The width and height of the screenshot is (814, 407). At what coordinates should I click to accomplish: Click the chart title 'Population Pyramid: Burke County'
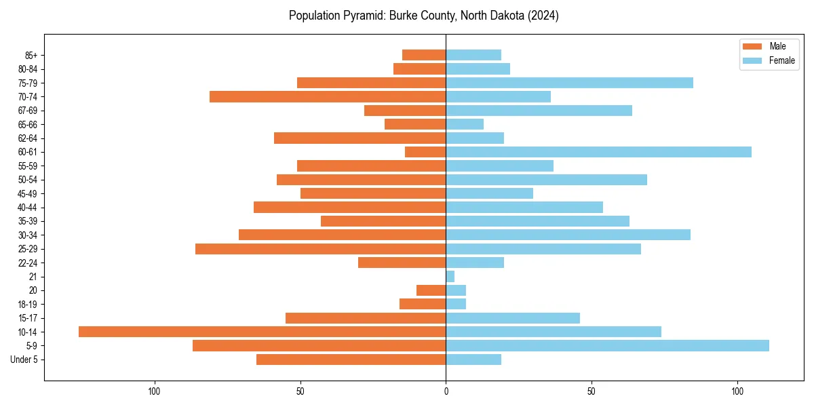pyautogui.click(x=423, y=16)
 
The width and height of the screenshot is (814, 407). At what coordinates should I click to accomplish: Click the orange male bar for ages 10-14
pyautogui.click(x=262, y=332)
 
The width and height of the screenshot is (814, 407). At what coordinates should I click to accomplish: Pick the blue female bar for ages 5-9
pyautogui.click(x=607, y=345)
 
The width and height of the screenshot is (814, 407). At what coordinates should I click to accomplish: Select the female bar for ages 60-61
pyautogui.click(x=598, y=152)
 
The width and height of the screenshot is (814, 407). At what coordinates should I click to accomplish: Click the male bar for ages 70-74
pyautogui.click(x=328, y=96)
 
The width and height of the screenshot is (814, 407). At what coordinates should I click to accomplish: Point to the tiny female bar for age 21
pyautogui.click(x=450, y=276)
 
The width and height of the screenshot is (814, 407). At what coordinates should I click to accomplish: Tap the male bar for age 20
pyautogui.click(x=431, y=290)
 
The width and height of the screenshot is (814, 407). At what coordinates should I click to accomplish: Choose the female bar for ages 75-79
pyautogui.click(x=569, y=83)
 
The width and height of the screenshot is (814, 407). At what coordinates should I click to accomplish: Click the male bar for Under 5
pyautogui.click(x=351, y=360)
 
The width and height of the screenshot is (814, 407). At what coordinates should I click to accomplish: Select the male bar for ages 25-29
pyautogui.click(x=320, y=249)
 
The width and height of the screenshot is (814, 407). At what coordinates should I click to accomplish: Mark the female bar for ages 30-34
pyautogui.click(x=568, y=235)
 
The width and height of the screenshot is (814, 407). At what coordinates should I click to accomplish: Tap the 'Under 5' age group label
pyautogui.click(x=24, y=360)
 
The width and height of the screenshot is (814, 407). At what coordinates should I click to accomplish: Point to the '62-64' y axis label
pyautogui.click(x=27, y=138)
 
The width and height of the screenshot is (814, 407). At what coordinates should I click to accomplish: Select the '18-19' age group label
pyautogui.click(x=27, y=304)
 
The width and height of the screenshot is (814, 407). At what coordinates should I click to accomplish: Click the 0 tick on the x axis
pyautogui.click(x=446, y=391)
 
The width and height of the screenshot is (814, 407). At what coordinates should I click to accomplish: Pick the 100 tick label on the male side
pyautogui.click(x=154, y=391)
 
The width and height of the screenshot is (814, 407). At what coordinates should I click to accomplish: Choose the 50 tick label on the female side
pyautogui.click(x=592, y=391)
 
